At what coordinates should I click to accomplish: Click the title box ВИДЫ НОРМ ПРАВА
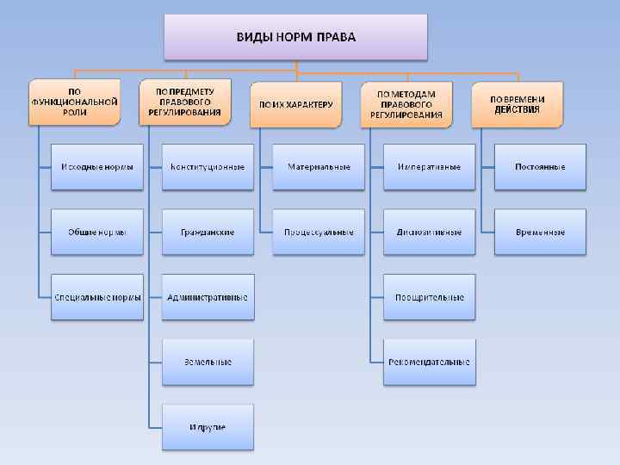(296, 37)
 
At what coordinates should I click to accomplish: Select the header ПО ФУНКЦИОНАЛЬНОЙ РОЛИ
(74, 102)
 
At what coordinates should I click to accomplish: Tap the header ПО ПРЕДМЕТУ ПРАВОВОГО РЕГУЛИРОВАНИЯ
(184, 102)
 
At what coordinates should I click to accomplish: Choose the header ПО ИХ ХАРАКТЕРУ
(295, 104)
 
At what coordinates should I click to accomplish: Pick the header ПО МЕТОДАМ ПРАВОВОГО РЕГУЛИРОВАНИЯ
(406, 104)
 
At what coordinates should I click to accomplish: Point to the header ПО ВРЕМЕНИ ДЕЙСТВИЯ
(518, 104)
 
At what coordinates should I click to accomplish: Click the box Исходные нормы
(96, 166)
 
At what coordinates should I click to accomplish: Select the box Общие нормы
(96, 232)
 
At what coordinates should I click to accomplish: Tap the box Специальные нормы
(96, 297)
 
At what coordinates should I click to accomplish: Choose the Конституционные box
(208, 166)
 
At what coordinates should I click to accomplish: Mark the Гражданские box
(208, 232)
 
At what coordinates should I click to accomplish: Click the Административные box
(208, 297)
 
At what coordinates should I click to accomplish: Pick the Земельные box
(208, 363)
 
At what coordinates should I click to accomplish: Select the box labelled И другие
(208, 427)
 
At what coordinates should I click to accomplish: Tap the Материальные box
(319, 166)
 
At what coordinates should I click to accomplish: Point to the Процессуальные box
(319, 232)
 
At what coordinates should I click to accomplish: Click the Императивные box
(430, 166)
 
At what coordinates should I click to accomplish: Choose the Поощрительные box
(430, 297)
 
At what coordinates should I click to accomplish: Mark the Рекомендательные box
(430, 363)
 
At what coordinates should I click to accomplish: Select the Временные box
(540, 232)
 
